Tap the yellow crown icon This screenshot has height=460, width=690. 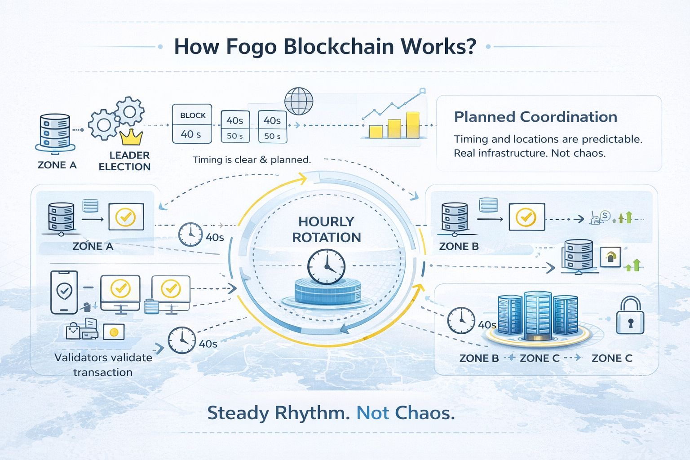click(132, 137)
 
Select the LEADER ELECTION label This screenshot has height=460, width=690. click(124, 161)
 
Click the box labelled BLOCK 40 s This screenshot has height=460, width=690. click(192, 124)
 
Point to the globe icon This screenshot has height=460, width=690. click(299, 101)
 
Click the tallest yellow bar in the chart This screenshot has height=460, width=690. click(412, 124)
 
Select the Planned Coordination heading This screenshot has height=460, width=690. click(535, 117)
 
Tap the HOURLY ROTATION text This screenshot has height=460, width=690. click(327, 229)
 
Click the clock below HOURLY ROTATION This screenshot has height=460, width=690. click(327, 267)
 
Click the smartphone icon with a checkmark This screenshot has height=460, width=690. click(64, 292)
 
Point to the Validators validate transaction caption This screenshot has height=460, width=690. click(103, 365)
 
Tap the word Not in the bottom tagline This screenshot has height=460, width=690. click(373, 413)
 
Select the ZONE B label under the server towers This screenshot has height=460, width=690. click(479, 358)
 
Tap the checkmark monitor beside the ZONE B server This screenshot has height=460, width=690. click(526, 217)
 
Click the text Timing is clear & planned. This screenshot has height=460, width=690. click(252, 159)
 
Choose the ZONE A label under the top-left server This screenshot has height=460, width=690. click(57, 165)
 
